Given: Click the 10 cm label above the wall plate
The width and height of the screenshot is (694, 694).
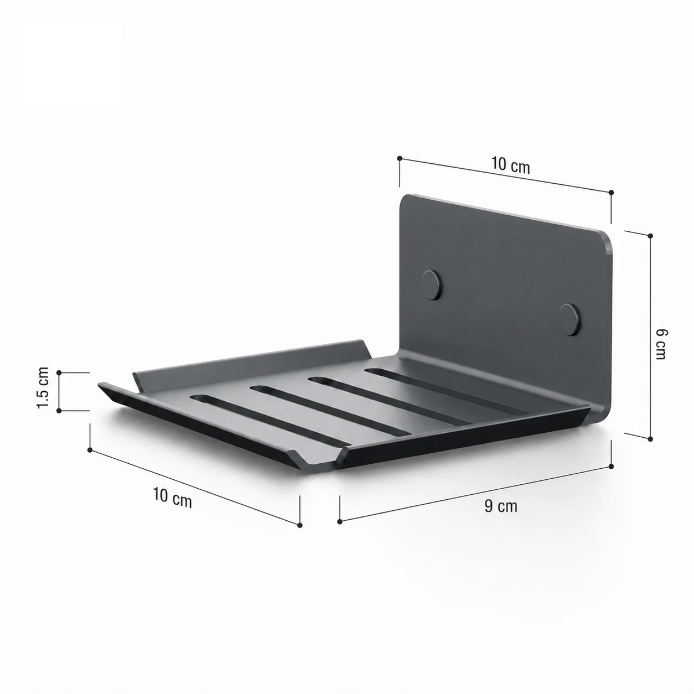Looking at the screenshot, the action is (511, 165).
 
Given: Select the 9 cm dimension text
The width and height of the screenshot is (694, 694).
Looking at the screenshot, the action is (501, 506).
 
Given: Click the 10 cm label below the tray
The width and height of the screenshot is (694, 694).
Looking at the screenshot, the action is (173, 497).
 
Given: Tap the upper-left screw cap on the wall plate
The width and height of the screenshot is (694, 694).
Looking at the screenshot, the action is (433, 285).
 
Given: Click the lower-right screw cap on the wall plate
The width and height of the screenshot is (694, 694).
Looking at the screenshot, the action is (569, 319).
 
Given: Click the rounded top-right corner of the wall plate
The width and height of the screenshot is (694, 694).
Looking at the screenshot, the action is (604, 239).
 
